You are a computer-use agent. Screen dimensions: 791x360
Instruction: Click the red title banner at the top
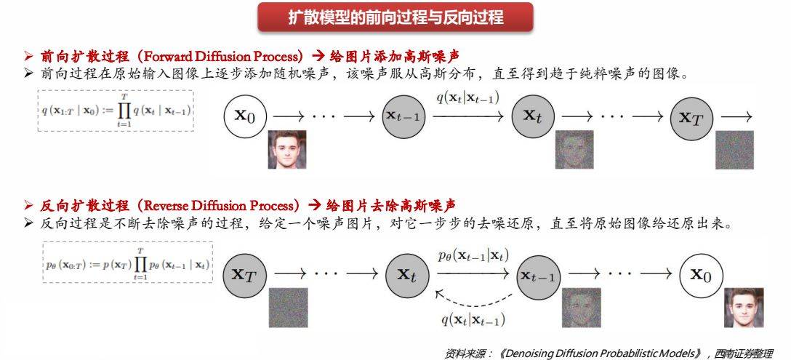(x=395, y=17)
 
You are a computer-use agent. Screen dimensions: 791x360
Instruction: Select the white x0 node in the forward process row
(x=245, y=115)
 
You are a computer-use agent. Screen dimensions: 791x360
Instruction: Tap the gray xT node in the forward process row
(x=691, y=116)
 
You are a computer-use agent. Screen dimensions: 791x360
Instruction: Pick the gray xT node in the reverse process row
(x=243, y=274)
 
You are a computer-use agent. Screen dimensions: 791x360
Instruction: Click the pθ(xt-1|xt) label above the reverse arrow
(x=473, y=255)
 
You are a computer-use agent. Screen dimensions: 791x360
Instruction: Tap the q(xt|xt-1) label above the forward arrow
(x=467, y=97)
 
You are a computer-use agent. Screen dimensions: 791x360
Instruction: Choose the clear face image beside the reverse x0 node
(x=743, y=308)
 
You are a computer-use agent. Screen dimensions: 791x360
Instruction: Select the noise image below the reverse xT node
(x=289, y=308)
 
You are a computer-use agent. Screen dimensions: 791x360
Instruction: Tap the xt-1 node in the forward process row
(x=403, y=116)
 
